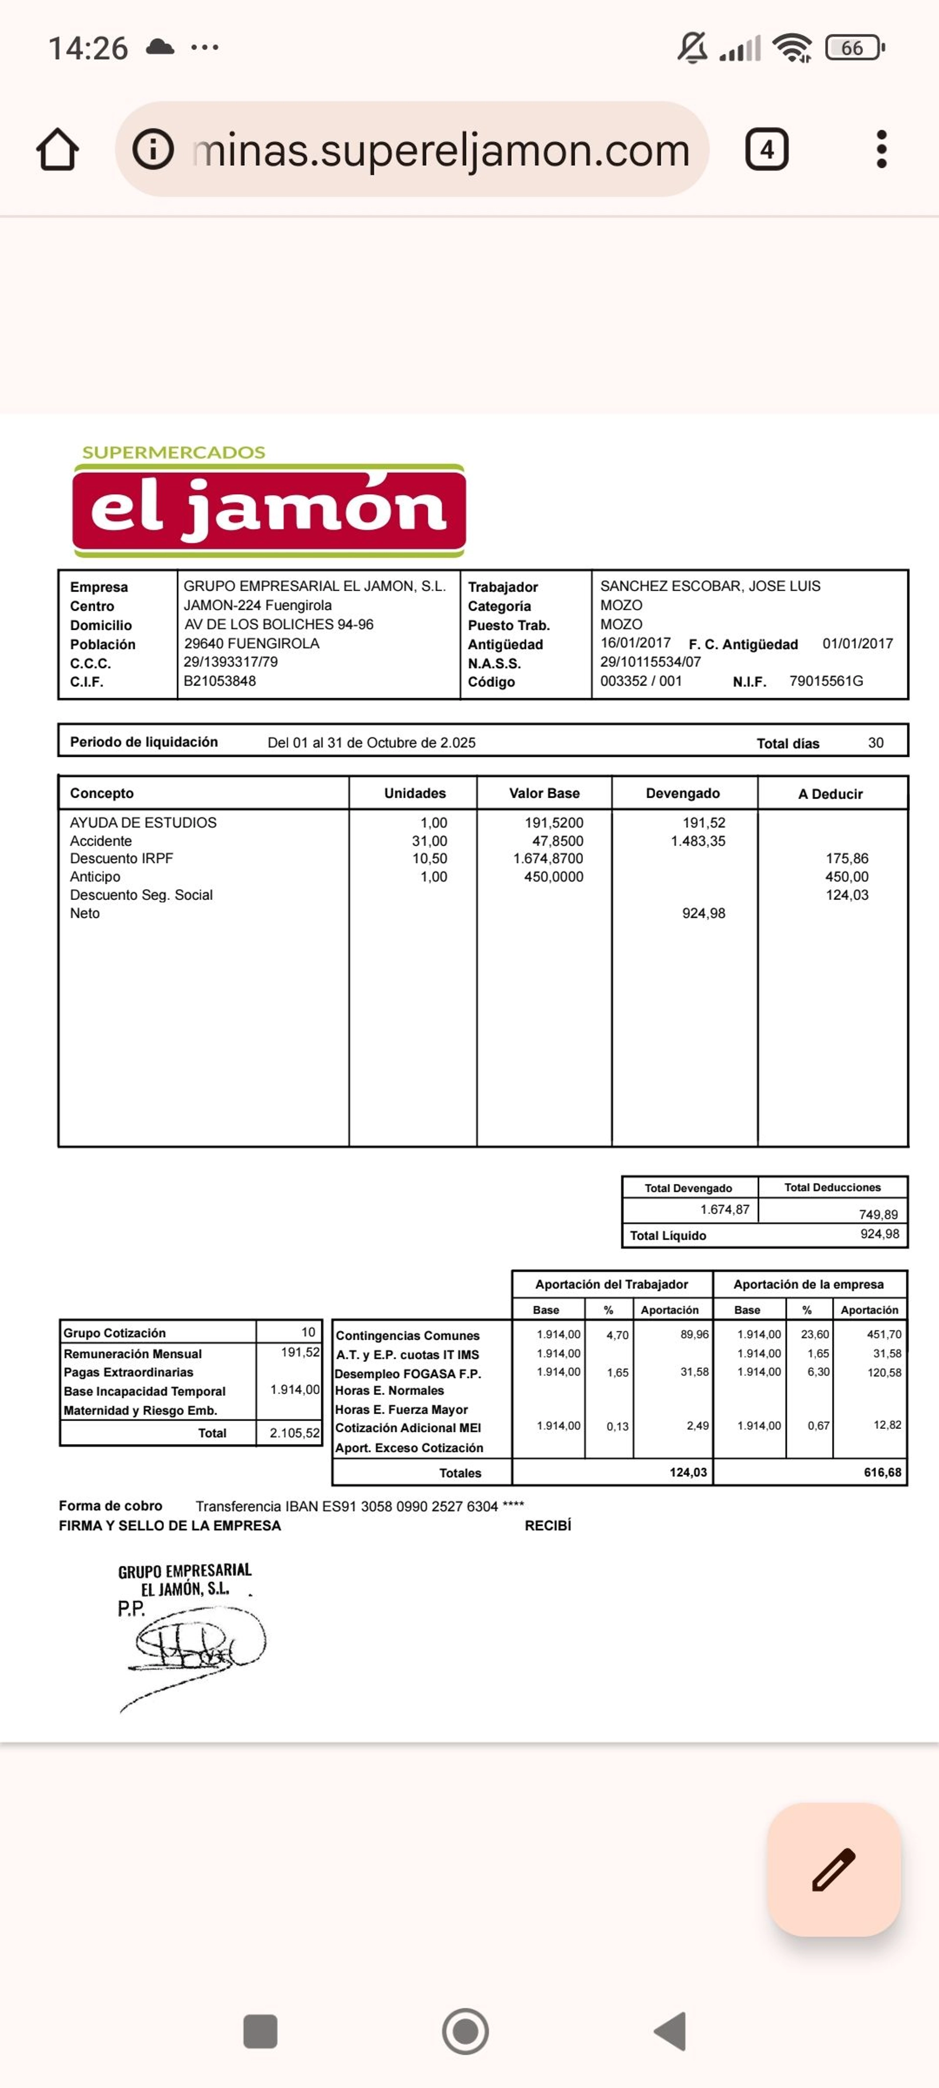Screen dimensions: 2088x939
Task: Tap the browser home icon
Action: pos(58,150)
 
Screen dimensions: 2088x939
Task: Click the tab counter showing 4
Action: pos(766,149)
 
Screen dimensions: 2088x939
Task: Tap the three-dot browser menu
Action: pos(881,149)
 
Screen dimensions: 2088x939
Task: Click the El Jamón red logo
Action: pos(269,509)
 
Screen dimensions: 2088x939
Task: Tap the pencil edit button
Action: pos(834,1869)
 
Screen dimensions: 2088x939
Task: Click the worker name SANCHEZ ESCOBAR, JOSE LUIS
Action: pos(710,586)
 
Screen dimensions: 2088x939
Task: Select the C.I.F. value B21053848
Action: pos(220,681)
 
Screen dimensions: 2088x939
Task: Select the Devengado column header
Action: pos(682,793)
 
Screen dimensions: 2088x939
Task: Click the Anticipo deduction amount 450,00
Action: pos(847,877)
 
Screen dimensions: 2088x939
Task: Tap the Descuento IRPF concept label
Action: pos(121,858)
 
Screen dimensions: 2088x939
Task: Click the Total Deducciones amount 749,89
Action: pos(878,1214)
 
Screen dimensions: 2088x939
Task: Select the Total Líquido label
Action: pos(669,1235)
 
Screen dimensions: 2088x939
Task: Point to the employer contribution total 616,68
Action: pos(882,1472)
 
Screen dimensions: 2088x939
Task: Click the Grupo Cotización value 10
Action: pos(308,1332)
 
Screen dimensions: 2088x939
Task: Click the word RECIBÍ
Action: pos(548,1525)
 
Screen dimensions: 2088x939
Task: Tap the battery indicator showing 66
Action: pos(853,48)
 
